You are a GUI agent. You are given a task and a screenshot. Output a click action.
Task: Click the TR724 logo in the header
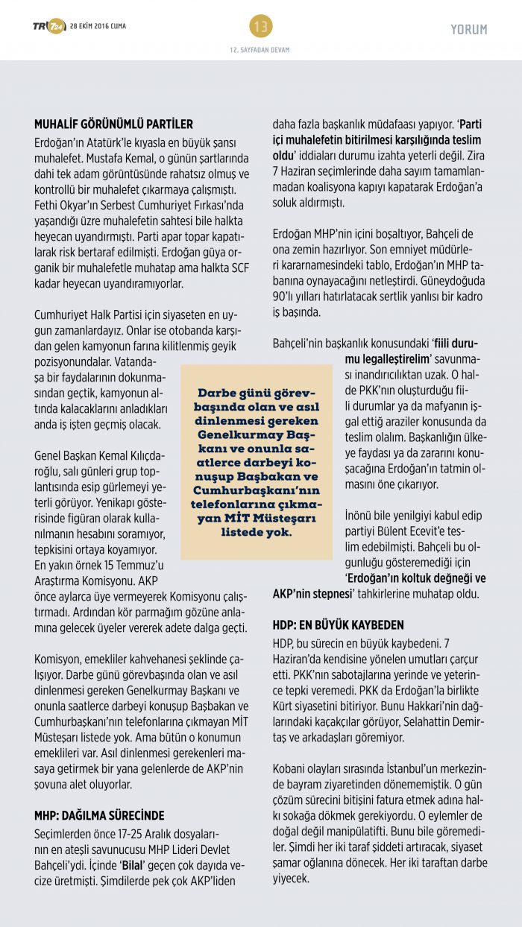[48, 27]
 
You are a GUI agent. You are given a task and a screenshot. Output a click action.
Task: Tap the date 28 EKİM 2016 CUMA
[98, 27]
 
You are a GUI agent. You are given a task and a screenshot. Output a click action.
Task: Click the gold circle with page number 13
[261, 27]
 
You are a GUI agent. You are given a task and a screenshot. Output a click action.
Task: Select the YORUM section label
[469, 30]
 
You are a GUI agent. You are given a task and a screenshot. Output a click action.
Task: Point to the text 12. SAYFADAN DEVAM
[260, 50]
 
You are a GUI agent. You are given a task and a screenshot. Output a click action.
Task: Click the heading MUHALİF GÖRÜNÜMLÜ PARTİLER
[113, 124]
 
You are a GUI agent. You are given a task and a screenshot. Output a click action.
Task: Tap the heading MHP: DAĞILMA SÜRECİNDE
[99, 815]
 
